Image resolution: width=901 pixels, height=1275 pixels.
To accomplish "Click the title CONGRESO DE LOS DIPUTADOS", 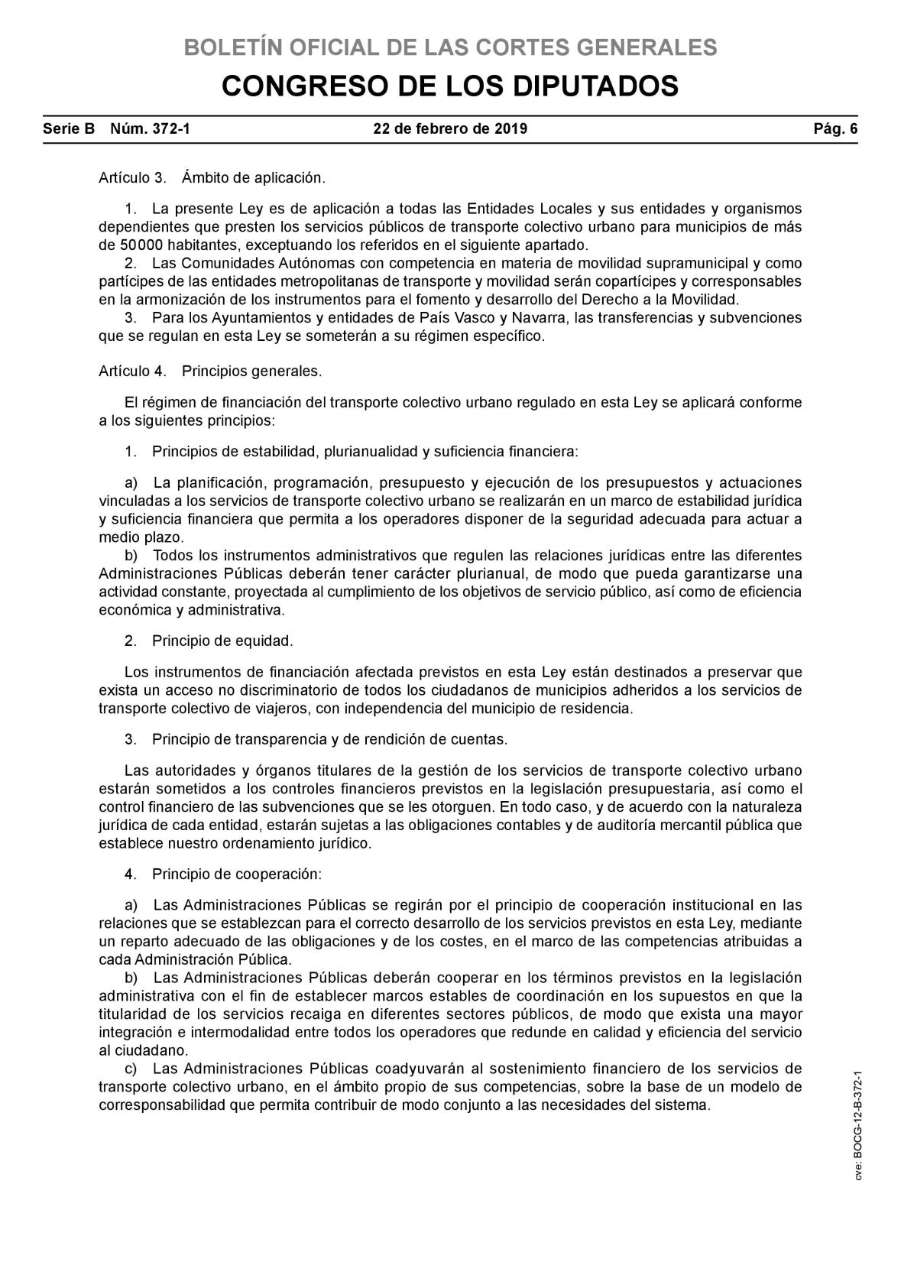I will tap(450, 86).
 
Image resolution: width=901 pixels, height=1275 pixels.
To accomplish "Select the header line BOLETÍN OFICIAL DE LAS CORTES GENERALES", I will tap(450, 47).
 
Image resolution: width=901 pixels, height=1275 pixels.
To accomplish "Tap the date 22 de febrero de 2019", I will tap(450, 128).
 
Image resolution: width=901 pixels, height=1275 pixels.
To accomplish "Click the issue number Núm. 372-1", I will tap(151, 128).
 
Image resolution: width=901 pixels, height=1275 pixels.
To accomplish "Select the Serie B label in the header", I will tap(69, 128).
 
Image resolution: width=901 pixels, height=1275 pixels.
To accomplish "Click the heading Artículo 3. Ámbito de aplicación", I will tap(212, 178).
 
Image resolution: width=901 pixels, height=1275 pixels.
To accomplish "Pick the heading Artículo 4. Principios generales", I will tap(210, 371).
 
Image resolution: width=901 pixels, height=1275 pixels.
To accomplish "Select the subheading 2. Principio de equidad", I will tap(209, 641).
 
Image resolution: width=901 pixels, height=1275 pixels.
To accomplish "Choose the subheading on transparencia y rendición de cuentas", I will tap(316, 740).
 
